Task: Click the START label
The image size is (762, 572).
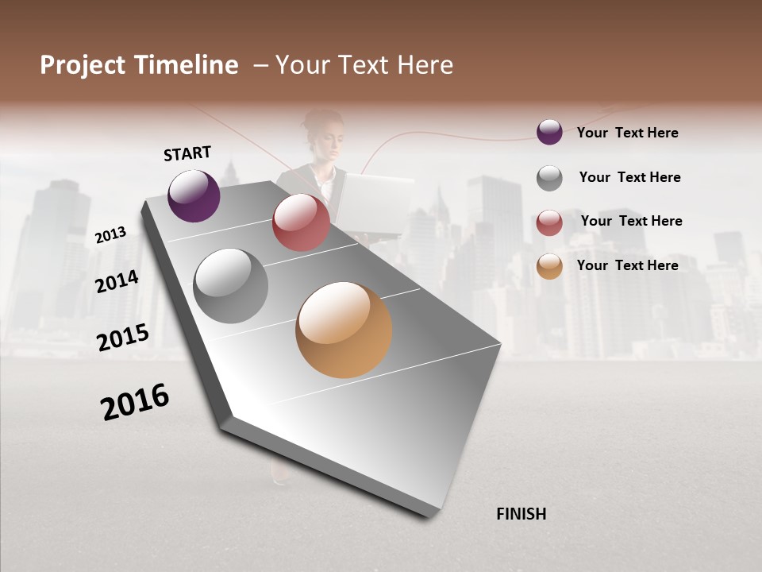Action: [187, 153]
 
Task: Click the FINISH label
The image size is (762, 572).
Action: [521, 514]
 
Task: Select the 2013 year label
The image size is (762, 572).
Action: [110, 234]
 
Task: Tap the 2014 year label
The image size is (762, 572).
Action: [117, 281]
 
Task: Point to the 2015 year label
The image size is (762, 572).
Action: [122, 337]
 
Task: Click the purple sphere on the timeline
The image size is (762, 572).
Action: [194, 195]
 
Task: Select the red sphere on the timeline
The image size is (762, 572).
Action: [301, 222]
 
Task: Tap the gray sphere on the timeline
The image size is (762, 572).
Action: [230, 286]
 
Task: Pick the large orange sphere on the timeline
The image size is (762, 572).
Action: [344, 330]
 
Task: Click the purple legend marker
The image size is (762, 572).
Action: [549, 132]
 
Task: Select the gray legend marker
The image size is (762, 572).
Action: [549, 178]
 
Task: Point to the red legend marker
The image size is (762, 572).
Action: [549, 222]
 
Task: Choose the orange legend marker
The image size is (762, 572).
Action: [549, 266]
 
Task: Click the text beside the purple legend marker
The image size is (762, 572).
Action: [627, 133]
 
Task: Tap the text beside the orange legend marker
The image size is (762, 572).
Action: [627, 265]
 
